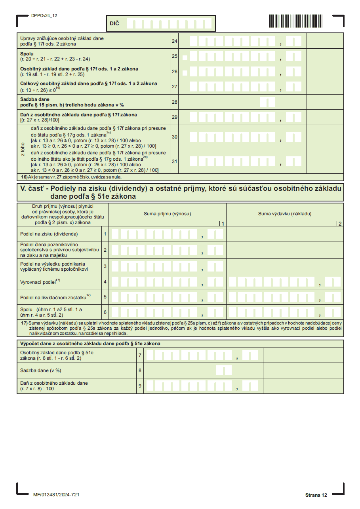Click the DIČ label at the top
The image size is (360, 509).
(114, 24)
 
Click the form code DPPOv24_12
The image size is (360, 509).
(44, 15)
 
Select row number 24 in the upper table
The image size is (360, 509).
(174, 41)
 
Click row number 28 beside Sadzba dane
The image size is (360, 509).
(174, 102)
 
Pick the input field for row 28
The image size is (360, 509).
(268, 102)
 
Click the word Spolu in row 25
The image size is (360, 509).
(27, 53)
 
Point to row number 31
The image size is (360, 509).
(174, 161)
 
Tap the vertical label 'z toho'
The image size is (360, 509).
(23, 149)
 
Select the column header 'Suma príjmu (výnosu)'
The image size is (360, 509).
(167, 214)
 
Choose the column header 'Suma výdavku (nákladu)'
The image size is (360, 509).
(285, 214)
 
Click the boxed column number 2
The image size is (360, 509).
(340, 224)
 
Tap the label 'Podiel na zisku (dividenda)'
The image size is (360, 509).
(49, 234)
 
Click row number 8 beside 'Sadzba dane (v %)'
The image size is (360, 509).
(140, 370)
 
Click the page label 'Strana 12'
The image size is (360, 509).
(316, 495)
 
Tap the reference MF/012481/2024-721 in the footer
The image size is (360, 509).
(56, 495)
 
